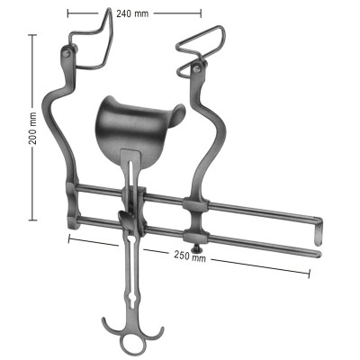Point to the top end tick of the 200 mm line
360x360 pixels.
[33, 34]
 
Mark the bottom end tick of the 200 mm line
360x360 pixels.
[33, 219]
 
